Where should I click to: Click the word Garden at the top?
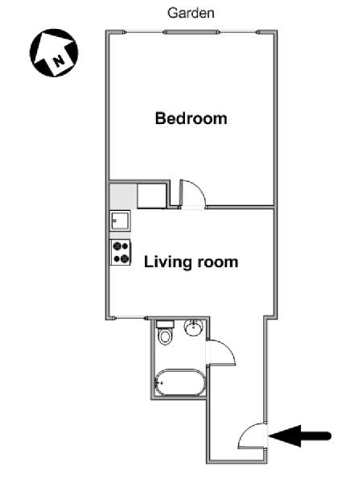[x=191, y=13]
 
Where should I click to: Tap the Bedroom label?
[x=191, y=118]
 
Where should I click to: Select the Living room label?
[x=191, y=262]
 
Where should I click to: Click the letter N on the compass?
[x=59, y=60]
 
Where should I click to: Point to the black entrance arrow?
[x=300, y=436]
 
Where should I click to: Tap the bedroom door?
[x=193, y=193]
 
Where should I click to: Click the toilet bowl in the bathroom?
[x=165, y=337]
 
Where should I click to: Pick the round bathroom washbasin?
[x=194, y=328]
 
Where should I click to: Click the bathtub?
[x=179, y=382]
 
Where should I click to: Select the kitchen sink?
[x=121, y=221]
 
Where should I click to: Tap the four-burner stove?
[x=121, y=252]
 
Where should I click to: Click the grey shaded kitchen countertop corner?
[x=123, y=196]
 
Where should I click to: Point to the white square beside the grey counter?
[x=152, y=196]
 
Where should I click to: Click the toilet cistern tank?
[x=165, y=324]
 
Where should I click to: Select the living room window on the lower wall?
[x=130, y=318]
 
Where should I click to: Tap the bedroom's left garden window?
[x=144, y=32]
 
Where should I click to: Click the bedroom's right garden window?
[x=239, y=32]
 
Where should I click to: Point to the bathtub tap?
[x=159, y=383]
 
